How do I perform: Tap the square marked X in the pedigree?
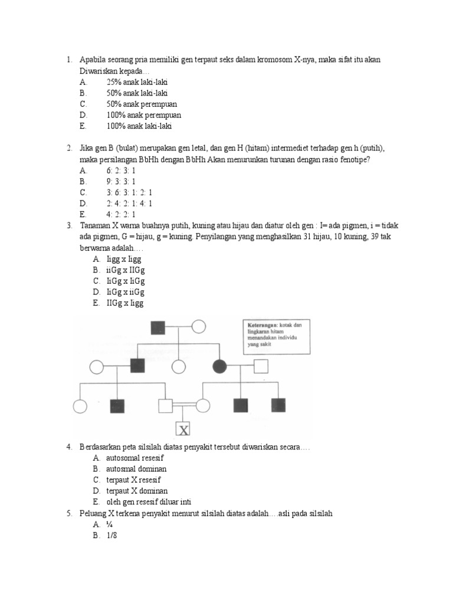tap(183, 429)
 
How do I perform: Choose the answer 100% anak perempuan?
tap(144, 115)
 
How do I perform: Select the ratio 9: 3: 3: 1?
tap(121, 181)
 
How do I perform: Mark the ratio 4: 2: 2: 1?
tap(121, 214)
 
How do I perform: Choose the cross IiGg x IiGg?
tap(126, 281)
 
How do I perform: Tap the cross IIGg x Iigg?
tap(125, 304)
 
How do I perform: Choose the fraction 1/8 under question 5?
tap(113, 536)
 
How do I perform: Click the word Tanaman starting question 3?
tap(96, 225)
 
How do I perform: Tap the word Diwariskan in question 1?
tap(99, 71)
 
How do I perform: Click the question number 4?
tap(69, 447)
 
